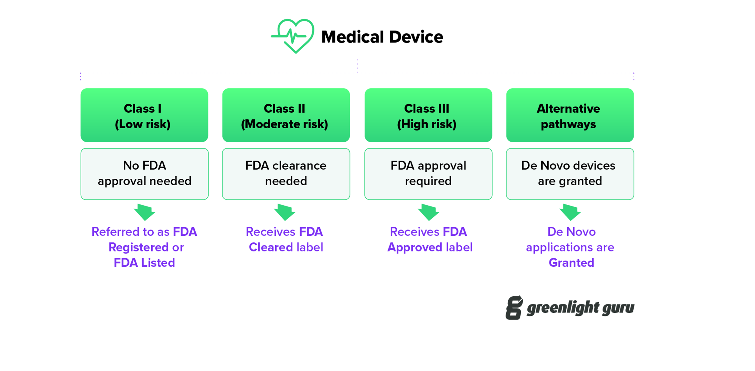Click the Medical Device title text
[382, 37]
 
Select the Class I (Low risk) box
[144, 115]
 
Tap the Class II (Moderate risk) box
[286, 115]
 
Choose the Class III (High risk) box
[428, 115]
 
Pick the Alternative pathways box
[570, 115]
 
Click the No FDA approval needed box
[144, 174]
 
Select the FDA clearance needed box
[286, 174]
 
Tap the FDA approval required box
[428, 174]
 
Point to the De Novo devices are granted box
[570, 174]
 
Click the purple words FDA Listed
[144, 263]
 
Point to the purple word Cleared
[271, 247]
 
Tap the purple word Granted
[571, 263]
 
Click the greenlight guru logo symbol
[514, 308]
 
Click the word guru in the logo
[618, 309]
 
